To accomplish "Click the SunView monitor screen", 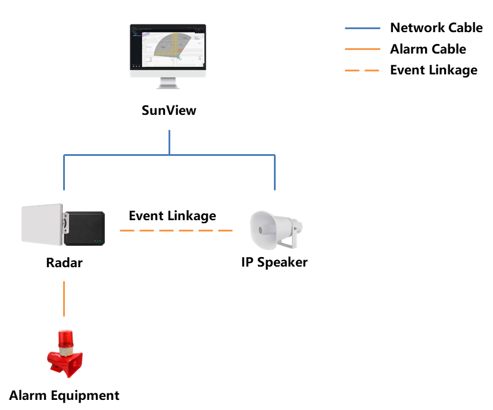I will pyautogui.click(x=168, y=48).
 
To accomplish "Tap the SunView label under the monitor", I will pyautogui.click(x=169, y=110).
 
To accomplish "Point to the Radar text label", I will pyautogui.click(x=64, y=262).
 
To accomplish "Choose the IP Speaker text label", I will pyautogui.click(x=274, y=262).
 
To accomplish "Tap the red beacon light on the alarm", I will pyautogui.click(x=64, y=340).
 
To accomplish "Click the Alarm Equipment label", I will pyautogui.click(x=64, y=395).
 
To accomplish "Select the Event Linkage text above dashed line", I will pyautogui.click(x=172, y=215).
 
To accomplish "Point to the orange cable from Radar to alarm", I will pyautogui.click(x=64, y=298).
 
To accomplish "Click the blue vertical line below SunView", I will pyautogui.click(x=170, y=142).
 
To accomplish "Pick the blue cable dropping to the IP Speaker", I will pyautogui.click(x=275, y=173).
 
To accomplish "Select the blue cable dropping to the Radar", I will pyautogui.click(x=64, y=173).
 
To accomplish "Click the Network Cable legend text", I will pyautogui.click(x=436, y=27).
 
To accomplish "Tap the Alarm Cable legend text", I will pyautogui.click(x=428, y=49).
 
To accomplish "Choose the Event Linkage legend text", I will pyautogui.click(x=433, y=70).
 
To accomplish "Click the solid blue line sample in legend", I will pyautogui.click(x=362, y=28).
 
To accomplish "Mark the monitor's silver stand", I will pyautogui.click(x=169, y=82).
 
